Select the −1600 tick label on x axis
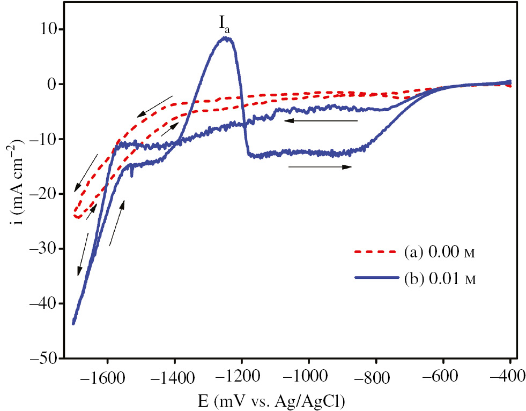coord(107,376)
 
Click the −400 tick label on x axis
coord(509,376)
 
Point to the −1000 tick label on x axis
coord(308,376)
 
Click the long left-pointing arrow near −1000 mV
coord(321,121)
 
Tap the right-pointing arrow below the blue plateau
coord(320,167)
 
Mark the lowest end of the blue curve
coord(73,323)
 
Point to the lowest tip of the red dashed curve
coord(78,217)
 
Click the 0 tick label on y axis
coord(52,84)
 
